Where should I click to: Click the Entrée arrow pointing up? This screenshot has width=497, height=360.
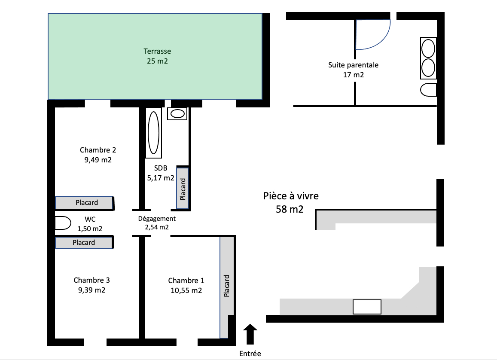(250, 334)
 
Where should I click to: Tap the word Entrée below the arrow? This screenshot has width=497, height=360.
(250, 354)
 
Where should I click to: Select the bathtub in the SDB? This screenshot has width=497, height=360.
(153, 132)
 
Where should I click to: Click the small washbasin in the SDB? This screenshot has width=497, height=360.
(177, 114)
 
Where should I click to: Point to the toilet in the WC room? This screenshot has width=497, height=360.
(63, 223)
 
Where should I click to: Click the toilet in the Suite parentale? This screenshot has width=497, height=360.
(428, 90)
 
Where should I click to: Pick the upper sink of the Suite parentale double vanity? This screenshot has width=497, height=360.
(428, 48)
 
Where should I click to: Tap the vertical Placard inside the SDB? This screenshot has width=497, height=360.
(183, 188)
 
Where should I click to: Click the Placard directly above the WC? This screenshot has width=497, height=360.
(85, 202)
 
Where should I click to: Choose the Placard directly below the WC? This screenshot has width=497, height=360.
(84, 243)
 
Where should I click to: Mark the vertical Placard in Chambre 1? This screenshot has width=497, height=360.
(227, 286)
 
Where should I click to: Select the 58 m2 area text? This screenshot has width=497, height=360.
(290, 210)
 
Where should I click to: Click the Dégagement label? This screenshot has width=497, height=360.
(156, 218)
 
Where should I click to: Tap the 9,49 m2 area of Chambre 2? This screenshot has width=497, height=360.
(98, 160)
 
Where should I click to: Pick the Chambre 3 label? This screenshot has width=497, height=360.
(91, 280)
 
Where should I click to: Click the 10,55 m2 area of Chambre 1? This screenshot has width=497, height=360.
(186, 290)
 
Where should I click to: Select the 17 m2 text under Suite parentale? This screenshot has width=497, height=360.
(353, 75)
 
